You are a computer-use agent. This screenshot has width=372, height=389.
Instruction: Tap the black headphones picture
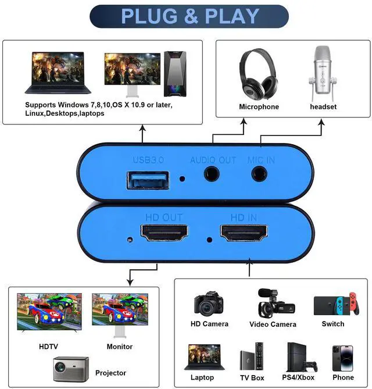[256, 74]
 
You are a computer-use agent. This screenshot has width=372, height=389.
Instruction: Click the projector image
[71, 368]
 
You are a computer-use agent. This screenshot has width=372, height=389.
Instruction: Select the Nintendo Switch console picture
[332, 304]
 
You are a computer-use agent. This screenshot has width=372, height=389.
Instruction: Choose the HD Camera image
[209, 303]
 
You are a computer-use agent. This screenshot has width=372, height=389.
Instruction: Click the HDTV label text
[48, 347]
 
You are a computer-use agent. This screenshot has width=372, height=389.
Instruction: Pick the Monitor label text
[119, 347]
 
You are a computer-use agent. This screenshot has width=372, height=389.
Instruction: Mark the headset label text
[323, 107]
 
